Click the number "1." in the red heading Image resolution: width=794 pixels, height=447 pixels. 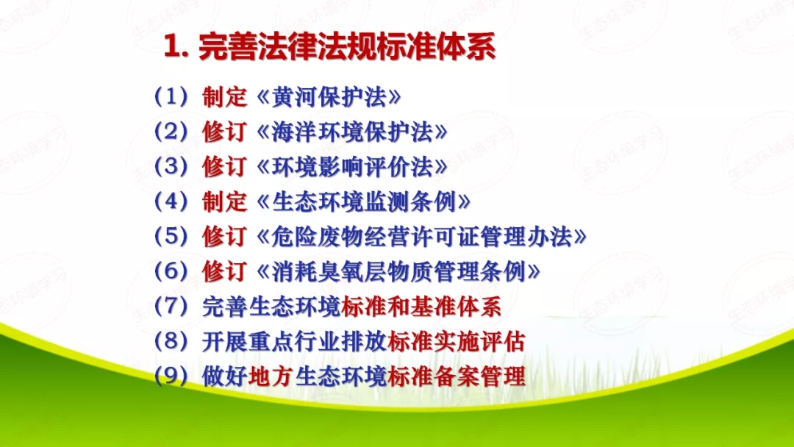(176, 48)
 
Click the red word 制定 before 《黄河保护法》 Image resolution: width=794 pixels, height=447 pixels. (224, 97)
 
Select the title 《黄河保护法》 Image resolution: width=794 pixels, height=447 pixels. (330, 97)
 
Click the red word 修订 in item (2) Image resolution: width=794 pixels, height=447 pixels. (224, 132)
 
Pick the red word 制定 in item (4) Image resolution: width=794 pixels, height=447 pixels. (224, 201)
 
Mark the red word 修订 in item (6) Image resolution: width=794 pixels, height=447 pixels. (224, 271)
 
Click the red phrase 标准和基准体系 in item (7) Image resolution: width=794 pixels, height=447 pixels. (422, 307)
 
